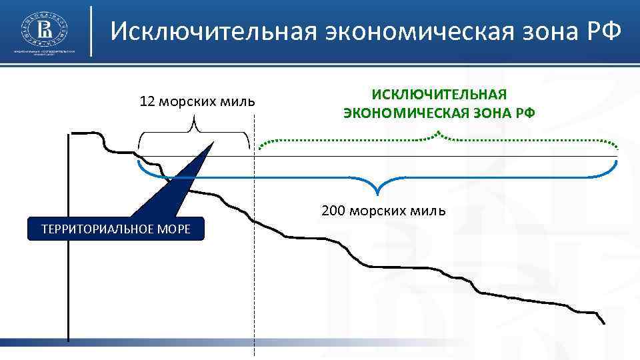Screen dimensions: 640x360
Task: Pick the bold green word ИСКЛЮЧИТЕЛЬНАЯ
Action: point(439,95)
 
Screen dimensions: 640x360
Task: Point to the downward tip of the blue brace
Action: point(378,194)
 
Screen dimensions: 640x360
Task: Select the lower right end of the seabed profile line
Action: point(604,323)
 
